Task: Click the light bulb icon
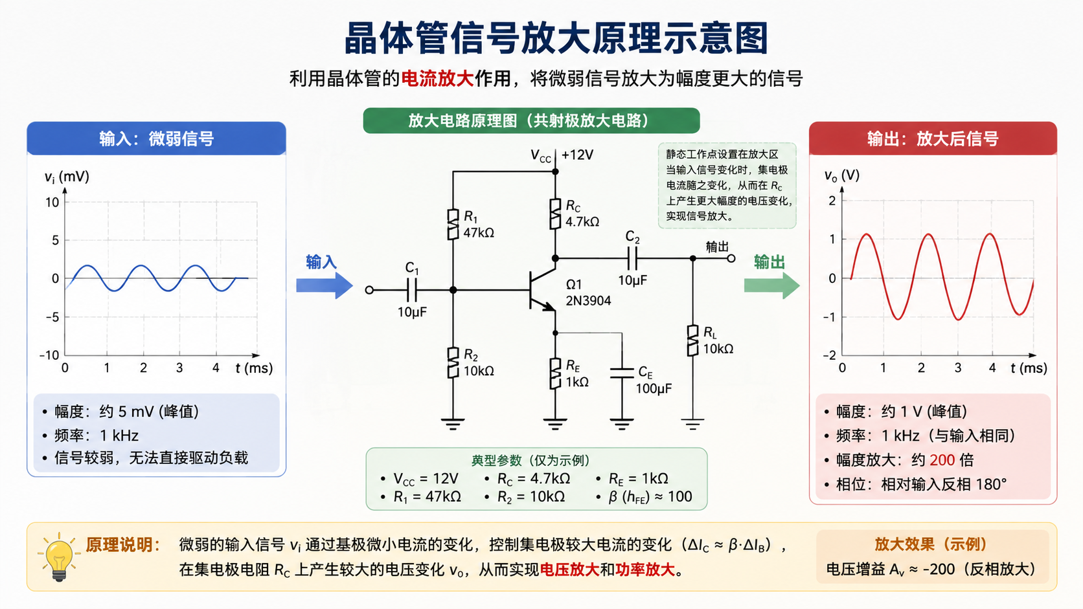(59, 557)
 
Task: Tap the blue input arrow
(325, 285)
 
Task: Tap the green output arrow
(771, 285)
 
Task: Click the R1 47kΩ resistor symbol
(453, 224)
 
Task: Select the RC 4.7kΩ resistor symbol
(555, 214)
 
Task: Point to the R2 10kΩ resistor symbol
(453, 362)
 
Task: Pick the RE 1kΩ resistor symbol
(555, 373)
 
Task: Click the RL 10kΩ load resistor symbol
(693, 340)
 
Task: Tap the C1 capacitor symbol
(412, 290)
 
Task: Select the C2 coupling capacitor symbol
(632, 258)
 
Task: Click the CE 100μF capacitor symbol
(622, 373)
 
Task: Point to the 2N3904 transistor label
(588, 301)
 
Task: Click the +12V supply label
(577, 155)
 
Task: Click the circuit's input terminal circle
(369, 290)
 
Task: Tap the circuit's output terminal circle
(731, 258)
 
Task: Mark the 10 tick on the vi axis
(52, 203)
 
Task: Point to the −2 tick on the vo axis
(829, 355)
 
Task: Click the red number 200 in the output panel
(942, 460)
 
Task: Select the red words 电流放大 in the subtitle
(438, 78)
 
